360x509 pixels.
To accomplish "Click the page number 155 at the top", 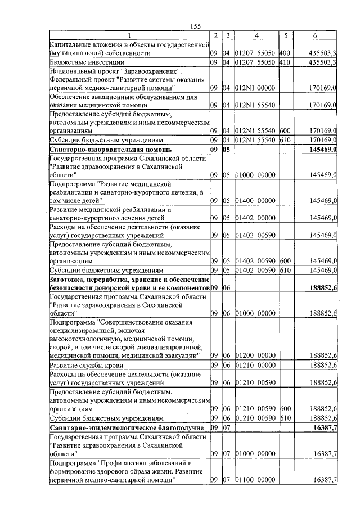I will click(x=196, y=26).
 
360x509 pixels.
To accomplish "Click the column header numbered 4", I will click(x=256, y=36).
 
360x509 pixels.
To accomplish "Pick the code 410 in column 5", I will click(x=284, y=62).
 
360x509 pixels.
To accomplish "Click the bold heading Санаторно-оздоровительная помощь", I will click(x=111, y=150).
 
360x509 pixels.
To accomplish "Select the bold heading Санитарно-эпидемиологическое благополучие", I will click(x=122, y=428).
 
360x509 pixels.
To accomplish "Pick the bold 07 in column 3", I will click(x=227, y=428).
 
